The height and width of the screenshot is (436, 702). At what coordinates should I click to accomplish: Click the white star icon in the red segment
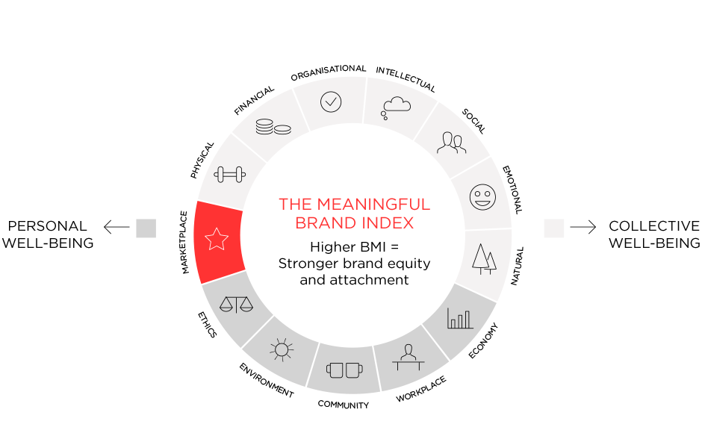217,239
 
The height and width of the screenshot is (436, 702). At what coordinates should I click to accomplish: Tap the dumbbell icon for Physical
230,175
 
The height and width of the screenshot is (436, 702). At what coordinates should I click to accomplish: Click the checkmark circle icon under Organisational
331,102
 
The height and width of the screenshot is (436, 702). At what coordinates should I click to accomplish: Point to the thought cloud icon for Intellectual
396,108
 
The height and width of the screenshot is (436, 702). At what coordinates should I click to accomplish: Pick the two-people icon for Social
451,143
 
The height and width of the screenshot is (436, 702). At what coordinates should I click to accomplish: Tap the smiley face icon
482,197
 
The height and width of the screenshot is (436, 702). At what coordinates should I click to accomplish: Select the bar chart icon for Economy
460,318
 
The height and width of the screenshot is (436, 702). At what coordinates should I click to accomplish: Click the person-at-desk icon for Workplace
409,357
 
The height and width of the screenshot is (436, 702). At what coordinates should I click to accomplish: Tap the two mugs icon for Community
344,370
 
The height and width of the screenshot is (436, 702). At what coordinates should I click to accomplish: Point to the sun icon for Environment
282,349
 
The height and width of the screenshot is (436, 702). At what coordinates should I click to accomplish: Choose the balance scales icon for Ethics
237,305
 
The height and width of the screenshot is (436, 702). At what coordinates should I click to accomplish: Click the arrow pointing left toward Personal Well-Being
117,227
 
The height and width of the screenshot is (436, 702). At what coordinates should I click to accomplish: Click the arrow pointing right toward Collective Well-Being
583,227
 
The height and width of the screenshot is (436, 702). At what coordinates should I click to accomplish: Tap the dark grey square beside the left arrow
146,228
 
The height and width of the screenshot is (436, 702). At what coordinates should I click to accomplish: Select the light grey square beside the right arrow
554,228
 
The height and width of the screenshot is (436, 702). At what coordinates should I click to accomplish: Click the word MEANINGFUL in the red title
373,204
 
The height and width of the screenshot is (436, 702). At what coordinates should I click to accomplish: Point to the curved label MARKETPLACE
184,242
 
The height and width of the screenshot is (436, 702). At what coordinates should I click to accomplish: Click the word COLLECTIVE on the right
654,226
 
